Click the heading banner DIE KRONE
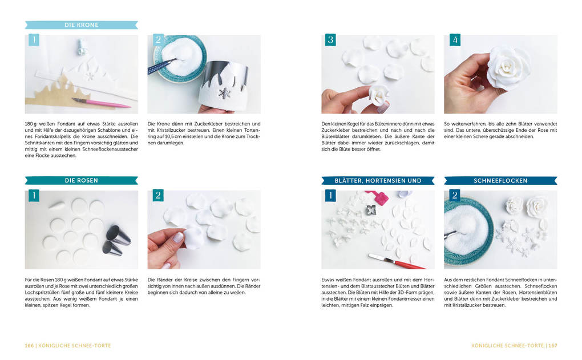pos(81,25)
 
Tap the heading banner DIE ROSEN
pos(81,180)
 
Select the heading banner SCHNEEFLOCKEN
pos(500,180)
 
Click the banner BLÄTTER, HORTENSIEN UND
pos(378,180)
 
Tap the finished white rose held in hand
pos(508,68)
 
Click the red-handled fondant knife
pos(397,261)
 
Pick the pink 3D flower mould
pos(378,196)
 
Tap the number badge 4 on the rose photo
pos(455,40)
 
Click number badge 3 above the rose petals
pos(330,40)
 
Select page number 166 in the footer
pos(29,346)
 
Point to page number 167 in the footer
pos(553,346)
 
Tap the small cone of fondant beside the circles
pos(57,205)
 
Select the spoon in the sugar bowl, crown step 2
pos(163,64)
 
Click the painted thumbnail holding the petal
pos(179,237)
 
